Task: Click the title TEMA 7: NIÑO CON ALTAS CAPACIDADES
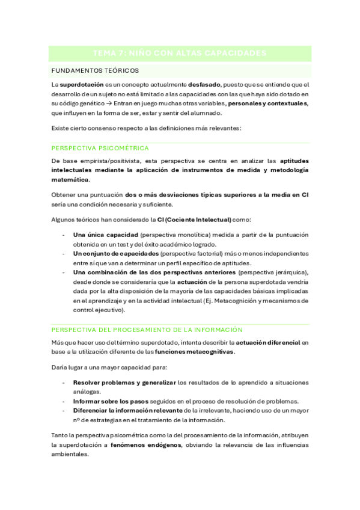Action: click(180, 54)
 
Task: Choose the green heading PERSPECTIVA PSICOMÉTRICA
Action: click(100, 148)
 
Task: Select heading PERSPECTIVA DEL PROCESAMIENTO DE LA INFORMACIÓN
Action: click(147, 330)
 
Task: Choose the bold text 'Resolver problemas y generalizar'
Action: click(124, 382)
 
